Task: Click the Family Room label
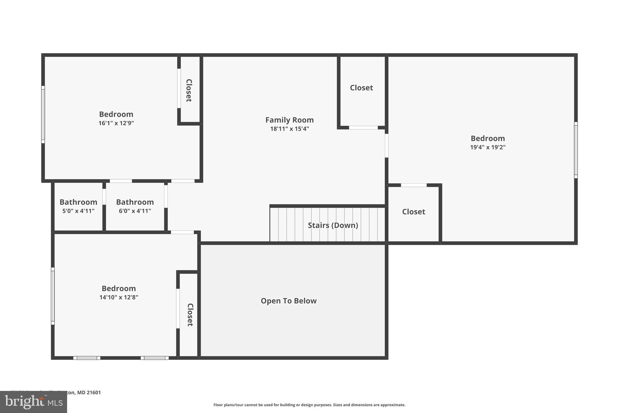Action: point(289,120)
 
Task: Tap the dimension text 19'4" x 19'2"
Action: point(488,147)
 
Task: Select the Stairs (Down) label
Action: point(333,225)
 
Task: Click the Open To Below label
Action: point(289,301)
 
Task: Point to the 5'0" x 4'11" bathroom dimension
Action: point(78,211)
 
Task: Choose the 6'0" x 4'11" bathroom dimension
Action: point(135,211)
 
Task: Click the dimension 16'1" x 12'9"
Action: point(116,123)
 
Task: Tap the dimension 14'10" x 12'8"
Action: point(118,297)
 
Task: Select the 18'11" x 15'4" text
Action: point(289,129)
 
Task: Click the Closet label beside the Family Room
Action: point(361,88)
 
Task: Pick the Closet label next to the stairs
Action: point(413,212)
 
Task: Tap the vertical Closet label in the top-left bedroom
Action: point(189,90)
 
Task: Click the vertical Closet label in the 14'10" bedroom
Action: point(190,315)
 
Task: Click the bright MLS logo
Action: point(33,402)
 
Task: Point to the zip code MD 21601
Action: point(89,392)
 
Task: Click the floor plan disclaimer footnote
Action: point(309,405)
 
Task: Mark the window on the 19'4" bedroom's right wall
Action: point(575,150)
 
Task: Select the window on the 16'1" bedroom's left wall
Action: point(43,114)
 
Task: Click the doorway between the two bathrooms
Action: point(104,197)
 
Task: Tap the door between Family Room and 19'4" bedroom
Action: point(386,146)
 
